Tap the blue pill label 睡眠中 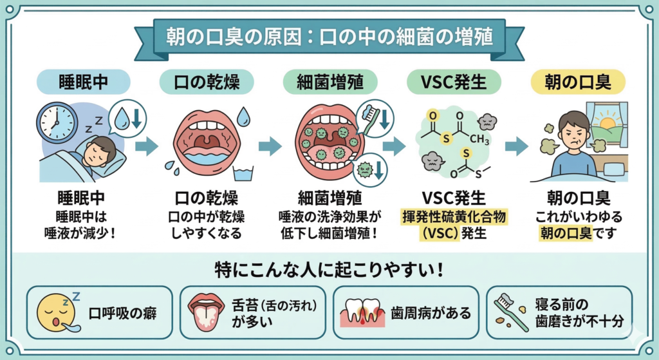click(84, 82)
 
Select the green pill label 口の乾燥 click(205, 82)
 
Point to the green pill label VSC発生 click(454, 82)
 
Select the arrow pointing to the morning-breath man click(517, 146)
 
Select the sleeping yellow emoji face click(54, 312)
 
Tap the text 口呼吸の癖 click(122, 314)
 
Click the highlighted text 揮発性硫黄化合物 click(454, 217)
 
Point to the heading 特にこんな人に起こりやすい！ click(329, 269)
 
